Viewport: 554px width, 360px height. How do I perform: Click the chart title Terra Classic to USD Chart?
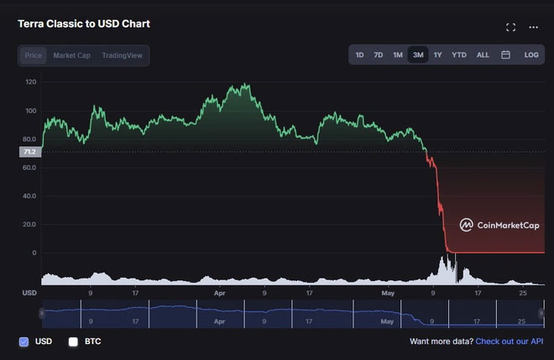pyautogui.click(x=83, y=23)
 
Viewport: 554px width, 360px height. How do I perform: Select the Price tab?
pyautogui.click(x=34, y=55)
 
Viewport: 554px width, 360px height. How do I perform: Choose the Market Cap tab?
pyautogui.click(x=71, y=55)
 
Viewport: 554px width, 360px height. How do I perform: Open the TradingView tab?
pyautogui.click(x=122, y=55)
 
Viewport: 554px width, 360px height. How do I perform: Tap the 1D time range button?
pyautogui.click(x=359, y=55)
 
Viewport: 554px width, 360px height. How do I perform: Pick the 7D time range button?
pyautogui.click(x=379, y=55)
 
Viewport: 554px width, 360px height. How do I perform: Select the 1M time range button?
pyautogui.click(x=398, y=55)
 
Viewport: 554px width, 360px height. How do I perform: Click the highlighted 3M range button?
pyautogui.click(x=417, y=55)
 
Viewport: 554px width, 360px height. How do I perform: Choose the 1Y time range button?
pyautogui.click(x=437, y=55)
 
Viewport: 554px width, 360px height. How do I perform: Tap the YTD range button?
pyautogui.click(x=459, y=55)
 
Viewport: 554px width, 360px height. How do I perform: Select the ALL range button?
pyautogui.click(x=483, y=55)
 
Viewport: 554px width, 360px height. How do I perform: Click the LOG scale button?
pyautogui.click(x=531, y=55)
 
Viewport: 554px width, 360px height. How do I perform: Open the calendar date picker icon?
pyautogui.click(x=505, y=55)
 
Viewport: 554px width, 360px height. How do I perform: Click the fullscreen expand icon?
pyautogui.click(x=510, y=27)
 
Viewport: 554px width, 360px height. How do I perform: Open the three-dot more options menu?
pyautogui.click(x=533, y=27)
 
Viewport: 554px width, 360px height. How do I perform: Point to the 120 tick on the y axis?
pyautogui.click(x=31, y=82)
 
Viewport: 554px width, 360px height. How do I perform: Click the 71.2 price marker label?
pyautogui.click(x=29, y=152)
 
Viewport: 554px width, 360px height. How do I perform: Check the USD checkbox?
pyautogui.click(x=24, y=342)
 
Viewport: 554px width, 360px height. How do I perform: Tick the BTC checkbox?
pyautogui.click(x=73, y=342)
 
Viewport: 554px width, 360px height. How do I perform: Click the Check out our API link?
pyautogui.click(x=509, y=342)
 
